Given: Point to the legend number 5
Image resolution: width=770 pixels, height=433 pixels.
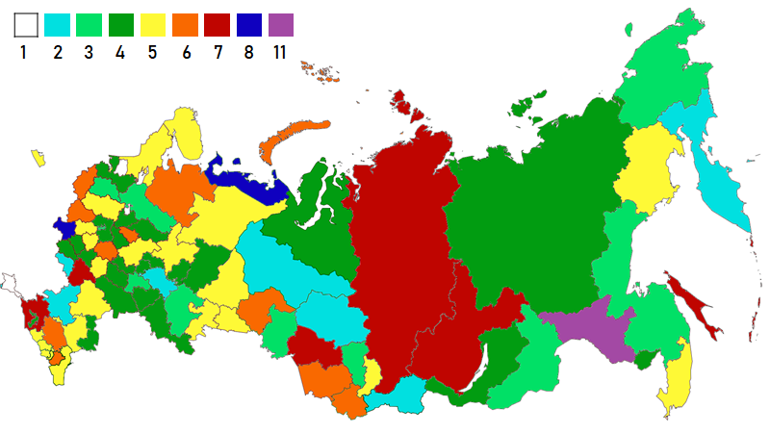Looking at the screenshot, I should (x=153, y=52).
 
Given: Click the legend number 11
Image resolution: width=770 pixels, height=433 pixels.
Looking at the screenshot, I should (x=280, y=52).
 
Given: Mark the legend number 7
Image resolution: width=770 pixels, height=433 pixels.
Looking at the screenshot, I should (x=217, y=52).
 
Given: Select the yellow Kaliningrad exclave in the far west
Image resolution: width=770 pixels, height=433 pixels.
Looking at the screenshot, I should (x=38, y=156).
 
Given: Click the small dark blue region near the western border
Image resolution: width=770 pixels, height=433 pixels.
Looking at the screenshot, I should (x=64, y=227).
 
